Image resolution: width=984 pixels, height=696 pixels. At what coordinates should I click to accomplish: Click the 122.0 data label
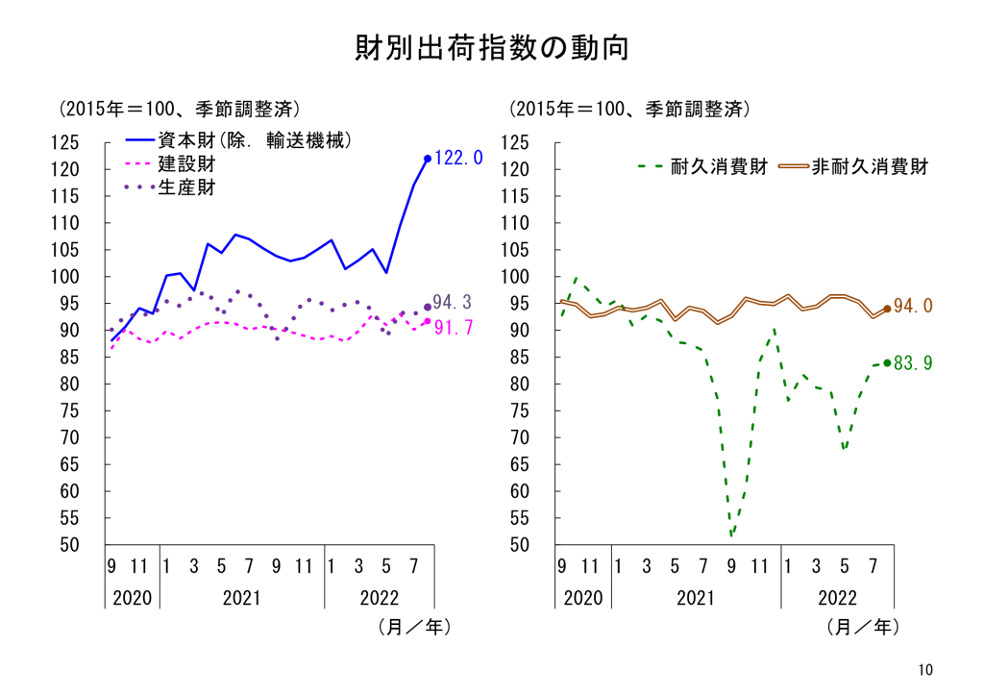(x=458, y=159)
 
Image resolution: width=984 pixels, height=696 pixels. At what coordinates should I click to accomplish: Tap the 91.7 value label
(x=453, y=328)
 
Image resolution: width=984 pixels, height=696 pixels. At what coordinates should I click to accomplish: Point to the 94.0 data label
(x=913, y=307)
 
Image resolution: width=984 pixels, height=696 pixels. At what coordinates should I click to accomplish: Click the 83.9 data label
(x=913, y=363)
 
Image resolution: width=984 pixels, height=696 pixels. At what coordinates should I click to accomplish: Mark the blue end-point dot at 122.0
(x=428, y=159)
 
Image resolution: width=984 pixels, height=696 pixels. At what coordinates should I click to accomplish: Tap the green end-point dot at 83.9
(x=887, y=363)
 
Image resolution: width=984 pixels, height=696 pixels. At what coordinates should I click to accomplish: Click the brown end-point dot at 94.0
(x=887, y=309)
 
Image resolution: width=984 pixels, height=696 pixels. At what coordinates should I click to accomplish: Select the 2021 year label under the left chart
(x=241, y=598)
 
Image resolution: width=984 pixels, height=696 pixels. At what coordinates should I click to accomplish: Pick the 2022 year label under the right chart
(x=837, y=598)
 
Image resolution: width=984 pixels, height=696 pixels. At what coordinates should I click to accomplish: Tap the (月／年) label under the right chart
(x=862, y=628)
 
